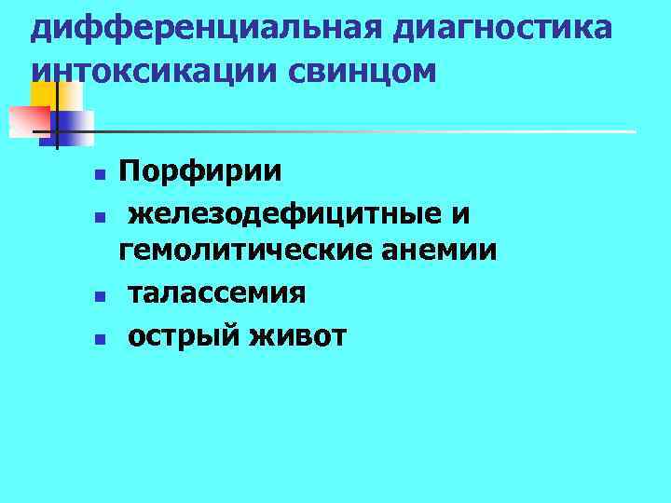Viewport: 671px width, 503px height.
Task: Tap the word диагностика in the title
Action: coord(502,28)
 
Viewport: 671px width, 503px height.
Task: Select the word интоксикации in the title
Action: coord(145,70)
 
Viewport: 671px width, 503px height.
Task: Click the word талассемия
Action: coord(216,293)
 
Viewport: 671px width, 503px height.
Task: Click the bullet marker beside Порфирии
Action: coord(100,174)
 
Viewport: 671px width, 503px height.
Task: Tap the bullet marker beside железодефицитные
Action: coord(100,216)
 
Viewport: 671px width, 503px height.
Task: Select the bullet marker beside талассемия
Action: coord(100,295)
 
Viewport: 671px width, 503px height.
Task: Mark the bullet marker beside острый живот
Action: coord(100,337)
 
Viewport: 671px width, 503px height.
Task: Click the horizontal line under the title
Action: coord(373,131)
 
